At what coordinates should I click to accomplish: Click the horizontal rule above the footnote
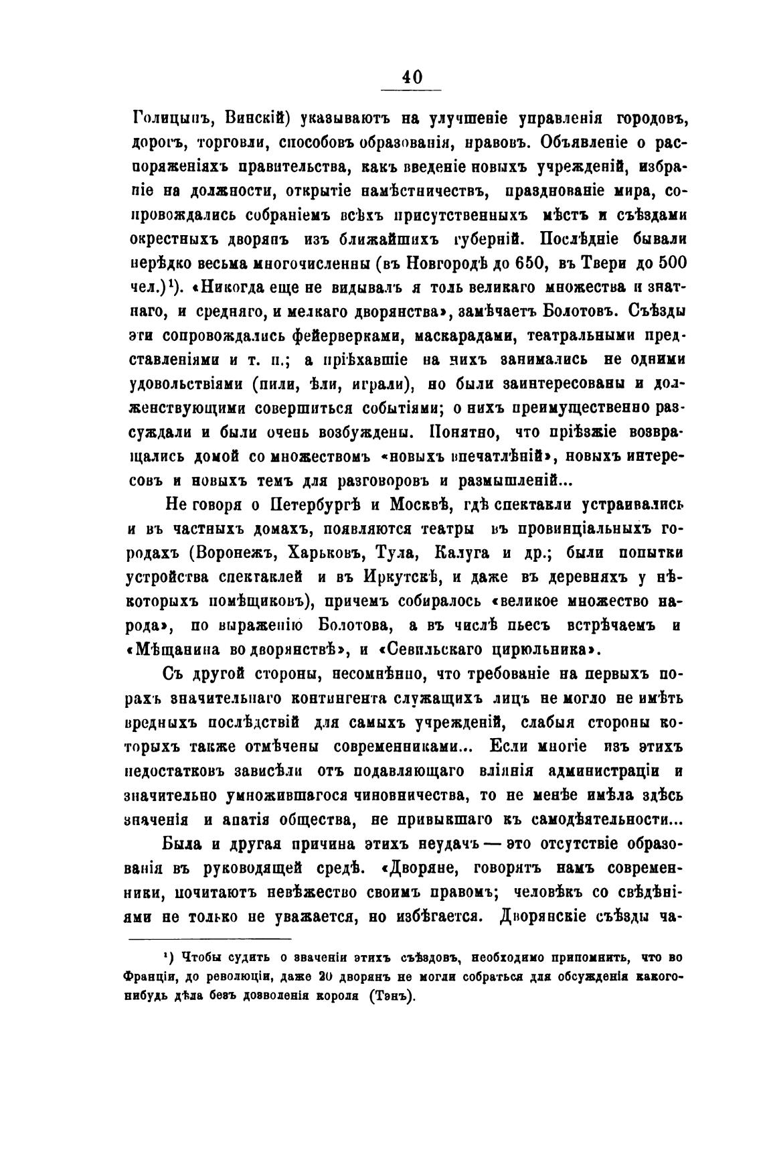click(208, 939)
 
